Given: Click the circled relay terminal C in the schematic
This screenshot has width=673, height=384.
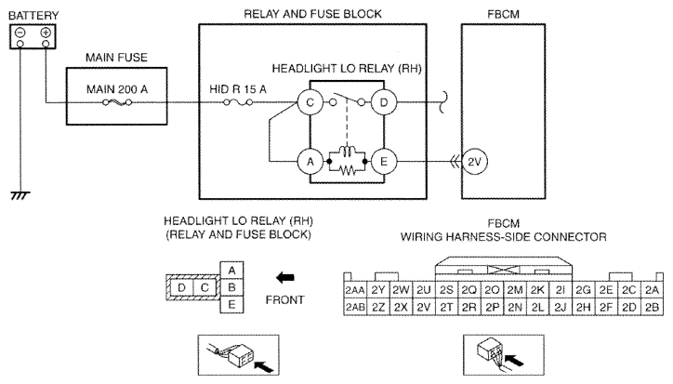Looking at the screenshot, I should point(309,103).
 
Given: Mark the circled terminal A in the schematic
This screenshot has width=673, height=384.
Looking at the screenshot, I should point(309,161).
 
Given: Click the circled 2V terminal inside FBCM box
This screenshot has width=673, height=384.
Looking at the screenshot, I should point(476,161).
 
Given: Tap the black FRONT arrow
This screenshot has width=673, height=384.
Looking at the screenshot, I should point(287,276).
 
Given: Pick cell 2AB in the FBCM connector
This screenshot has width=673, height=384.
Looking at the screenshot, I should point(355,306).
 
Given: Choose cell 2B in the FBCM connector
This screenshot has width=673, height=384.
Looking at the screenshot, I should point(651,306).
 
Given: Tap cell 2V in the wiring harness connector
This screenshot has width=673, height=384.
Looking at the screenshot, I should point(423,306).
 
